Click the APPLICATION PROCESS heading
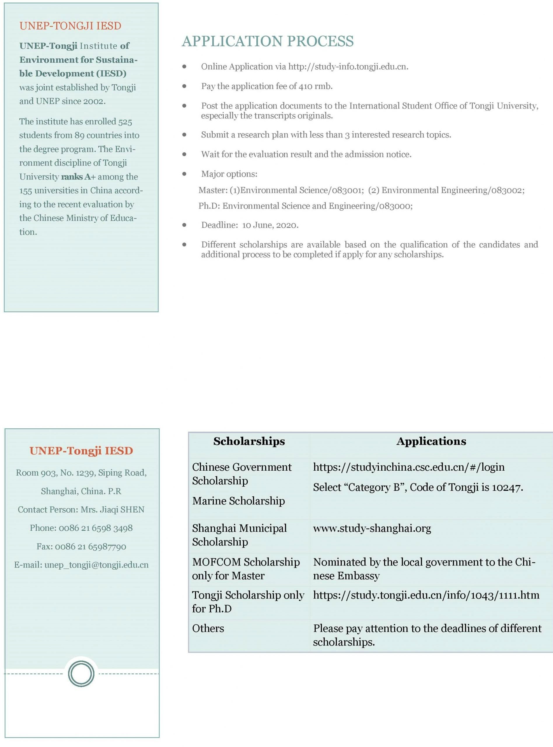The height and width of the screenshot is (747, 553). click(x=267, y=41)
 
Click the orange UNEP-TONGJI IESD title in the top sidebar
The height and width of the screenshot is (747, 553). click(x=70, y=26)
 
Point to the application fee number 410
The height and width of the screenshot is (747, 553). click(x=305, y=86)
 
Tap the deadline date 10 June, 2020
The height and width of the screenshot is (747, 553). click(x=270, y=225)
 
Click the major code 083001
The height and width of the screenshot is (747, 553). click(x=347, y=190)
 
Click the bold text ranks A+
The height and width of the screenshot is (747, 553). click(x=78, y=177)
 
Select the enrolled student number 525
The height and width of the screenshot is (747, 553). click(x=125, y=122)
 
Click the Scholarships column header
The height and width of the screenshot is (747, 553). click(x=249, y=441)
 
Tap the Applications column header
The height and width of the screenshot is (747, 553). click(x=431, y=441)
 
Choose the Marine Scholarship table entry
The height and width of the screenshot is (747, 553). click(x=238, y=501)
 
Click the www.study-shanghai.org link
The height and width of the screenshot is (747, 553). click(x=372, y=528)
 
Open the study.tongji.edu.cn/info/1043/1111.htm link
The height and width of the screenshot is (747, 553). click(x=426, y=595)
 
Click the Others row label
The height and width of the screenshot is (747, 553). click(x=208, y=628)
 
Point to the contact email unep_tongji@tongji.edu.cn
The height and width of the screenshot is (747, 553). click(x=97, y=565)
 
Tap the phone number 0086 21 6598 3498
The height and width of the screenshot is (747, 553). click(x=96, y=528)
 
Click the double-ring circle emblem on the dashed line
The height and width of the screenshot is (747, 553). click(x=81, y=674)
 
